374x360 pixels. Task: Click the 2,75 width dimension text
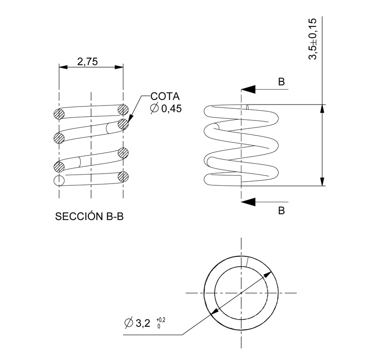[87, 61]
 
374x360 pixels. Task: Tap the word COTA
[165, 97]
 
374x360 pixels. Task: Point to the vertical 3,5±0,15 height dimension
[312, 39]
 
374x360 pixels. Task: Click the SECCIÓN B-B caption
[89, 217]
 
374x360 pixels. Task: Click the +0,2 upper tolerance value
[162, 319]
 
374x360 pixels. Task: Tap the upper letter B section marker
[281, 81]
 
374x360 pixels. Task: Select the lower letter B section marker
[281, 210]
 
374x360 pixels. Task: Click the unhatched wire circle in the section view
[59, 180]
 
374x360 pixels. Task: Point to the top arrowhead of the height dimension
[322, 108]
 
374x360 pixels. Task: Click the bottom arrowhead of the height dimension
[322, 182]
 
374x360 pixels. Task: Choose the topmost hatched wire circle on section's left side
[59, 113]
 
